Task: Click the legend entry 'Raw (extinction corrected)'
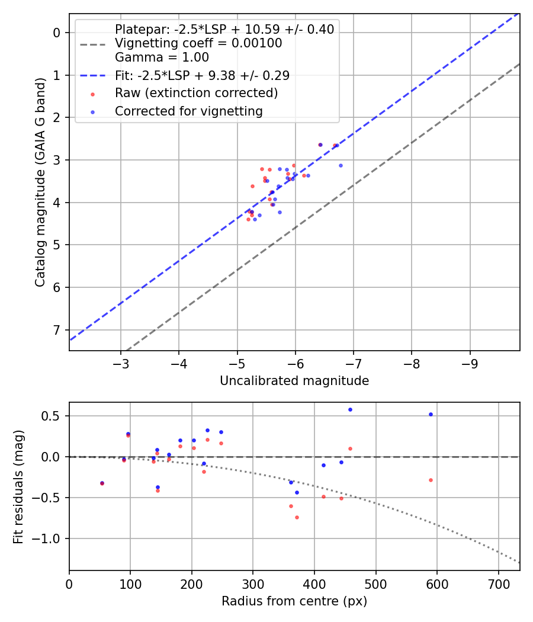point(196,93)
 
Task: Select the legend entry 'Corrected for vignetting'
point(189,111)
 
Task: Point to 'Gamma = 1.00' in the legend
point(162,57)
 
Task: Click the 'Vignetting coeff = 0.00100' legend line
point(198,43)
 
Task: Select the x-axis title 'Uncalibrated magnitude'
point(294,381)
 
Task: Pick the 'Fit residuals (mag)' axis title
point(18,486)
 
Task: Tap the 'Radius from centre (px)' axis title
point(294,601)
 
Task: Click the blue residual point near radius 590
point(431,414)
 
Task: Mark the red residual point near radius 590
point(431,480)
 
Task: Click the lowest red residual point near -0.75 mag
point(297,517)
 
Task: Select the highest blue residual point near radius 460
point(350,409)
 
